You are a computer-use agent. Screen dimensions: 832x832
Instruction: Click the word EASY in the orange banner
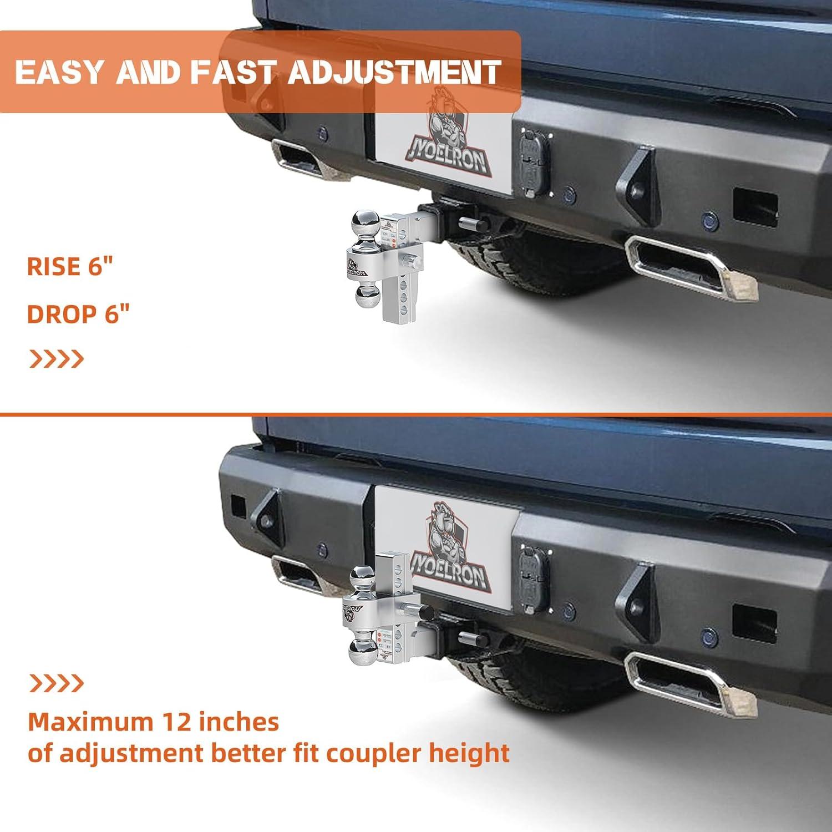(60, 72)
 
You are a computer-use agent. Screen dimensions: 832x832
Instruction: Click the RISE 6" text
(70, 267)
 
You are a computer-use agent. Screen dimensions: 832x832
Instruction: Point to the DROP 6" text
(78, 314)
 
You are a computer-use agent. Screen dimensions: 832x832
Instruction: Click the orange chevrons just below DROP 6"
(56, 359)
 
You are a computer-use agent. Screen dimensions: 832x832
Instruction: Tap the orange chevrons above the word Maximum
(56, 683)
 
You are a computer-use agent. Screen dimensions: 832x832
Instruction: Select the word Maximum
(90, 722)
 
